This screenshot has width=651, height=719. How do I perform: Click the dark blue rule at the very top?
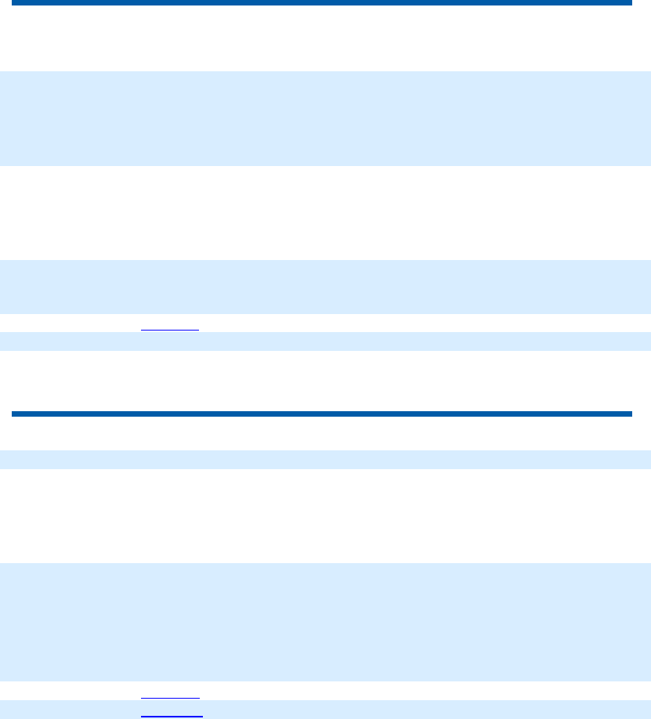[321, 3]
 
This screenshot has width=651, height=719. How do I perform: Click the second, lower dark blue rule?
[321, 414]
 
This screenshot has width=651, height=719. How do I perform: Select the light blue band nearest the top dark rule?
[325, 118]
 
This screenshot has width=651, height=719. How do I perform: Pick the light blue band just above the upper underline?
[325, 287]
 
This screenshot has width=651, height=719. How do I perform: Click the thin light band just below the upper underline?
[325, 341]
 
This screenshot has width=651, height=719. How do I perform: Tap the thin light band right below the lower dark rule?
[325, 459]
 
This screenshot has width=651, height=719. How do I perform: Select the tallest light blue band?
[325, 622]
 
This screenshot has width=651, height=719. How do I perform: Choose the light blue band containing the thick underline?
[325, 710]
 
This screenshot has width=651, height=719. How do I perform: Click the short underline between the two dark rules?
[170, 330]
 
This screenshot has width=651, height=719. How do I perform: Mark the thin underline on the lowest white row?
[170, 697]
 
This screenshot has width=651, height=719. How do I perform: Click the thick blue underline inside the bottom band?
[172, 716]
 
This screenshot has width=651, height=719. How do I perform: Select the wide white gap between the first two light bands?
[325, 212]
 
